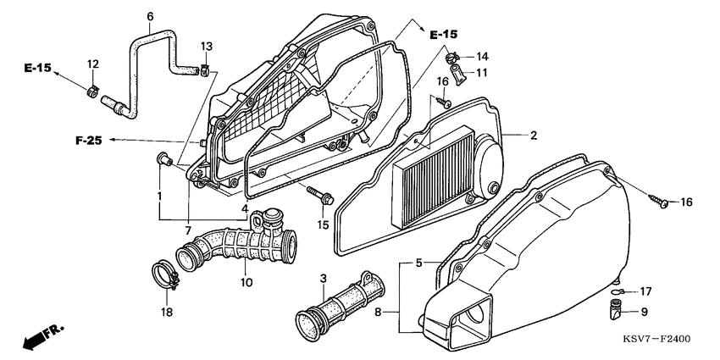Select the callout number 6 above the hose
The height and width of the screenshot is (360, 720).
(x=150, y=16)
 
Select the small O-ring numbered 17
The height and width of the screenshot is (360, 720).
(x=620, y=291)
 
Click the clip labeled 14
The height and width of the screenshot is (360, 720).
(x=453, y=57)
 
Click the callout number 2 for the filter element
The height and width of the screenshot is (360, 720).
(x=534, y=136)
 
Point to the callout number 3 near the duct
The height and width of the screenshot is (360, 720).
(x=323, y=279)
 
